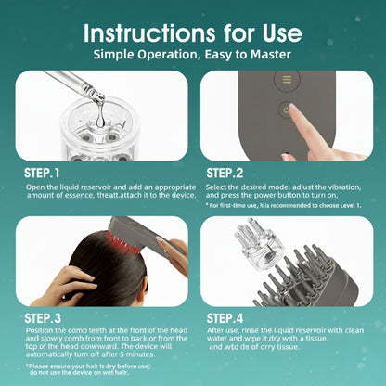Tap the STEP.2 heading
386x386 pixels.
[228, 173]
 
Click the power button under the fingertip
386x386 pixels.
[287, 110]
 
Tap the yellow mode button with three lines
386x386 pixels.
[287, 81]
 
